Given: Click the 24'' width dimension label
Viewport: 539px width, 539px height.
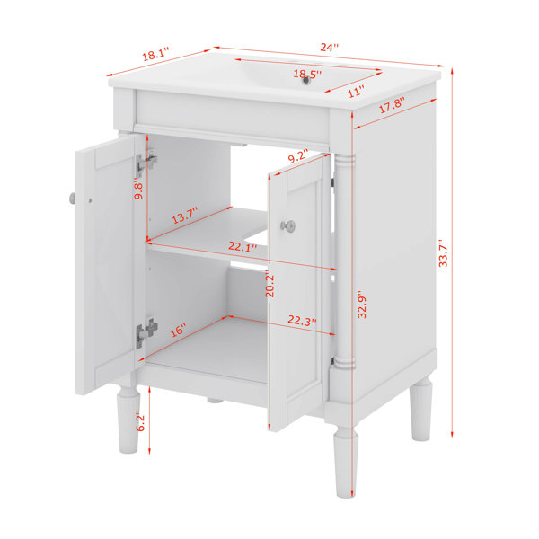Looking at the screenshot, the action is pos(330,47).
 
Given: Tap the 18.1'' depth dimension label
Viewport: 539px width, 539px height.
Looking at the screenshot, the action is pos(156,54).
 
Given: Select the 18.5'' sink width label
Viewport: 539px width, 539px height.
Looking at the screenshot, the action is pos(307,74).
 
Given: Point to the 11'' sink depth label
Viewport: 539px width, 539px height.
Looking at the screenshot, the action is pos(356,92).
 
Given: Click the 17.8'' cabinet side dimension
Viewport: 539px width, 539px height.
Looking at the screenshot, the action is pos(392,104).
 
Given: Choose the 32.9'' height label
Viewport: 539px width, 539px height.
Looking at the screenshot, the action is pos(362,305).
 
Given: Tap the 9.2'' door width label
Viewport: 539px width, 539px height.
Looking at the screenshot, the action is pos(298,156).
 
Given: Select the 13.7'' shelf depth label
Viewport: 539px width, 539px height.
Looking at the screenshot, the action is pos(185,216).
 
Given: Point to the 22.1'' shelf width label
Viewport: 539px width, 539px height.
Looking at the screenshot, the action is pos(243,246).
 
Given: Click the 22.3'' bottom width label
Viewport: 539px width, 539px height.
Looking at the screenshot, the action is pos(302,321).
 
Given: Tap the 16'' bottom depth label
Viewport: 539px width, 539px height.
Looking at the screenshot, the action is pos(178,331).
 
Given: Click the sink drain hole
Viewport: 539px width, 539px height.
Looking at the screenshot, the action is pos(305,81).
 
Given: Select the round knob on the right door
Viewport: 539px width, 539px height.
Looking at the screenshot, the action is pos(288,225).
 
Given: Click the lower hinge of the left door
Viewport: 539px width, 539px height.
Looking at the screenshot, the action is pos(146,332).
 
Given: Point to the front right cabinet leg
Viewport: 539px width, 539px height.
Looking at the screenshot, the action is pos(346,462).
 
